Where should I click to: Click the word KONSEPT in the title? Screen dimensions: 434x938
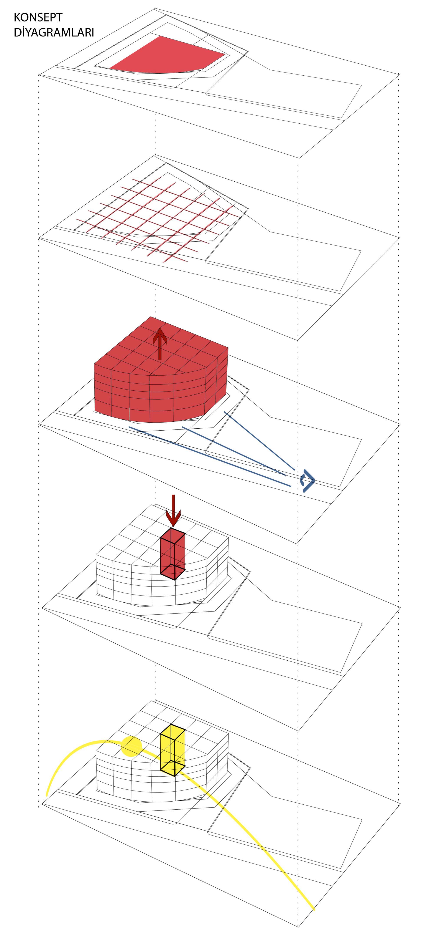pyautogui.click(x=38, y=17)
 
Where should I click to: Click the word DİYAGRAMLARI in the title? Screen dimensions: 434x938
pyautogui.click(x=54, y=32)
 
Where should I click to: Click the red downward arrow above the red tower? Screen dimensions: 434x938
pyautogui.click(x=173, y=510)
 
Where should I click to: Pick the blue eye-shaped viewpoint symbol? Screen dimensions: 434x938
pyautogui.click(x=308, y=481)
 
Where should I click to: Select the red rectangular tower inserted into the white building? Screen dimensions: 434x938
pyautogui.click(x=173, y=554)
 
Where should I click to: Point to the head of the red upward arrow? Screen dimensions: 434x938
pyautogui.click(x=160, y=334)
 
